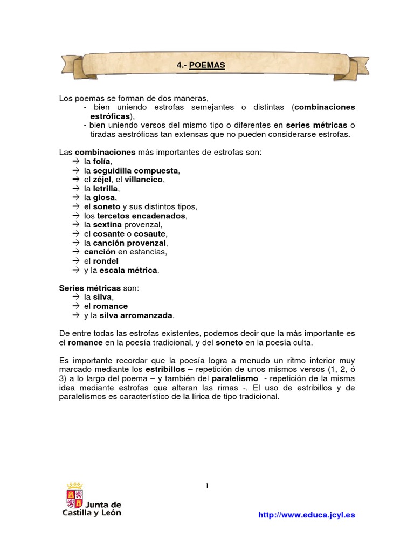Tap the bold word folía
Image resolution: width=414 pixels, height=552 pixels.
pyautogui.click(x=102, y=161)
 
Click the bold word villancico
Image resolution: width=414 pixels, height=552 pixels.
pyautogui.click(x=143, y=180)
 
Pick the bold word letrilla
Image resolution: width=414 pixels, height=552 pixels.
pyautogui.click(x=106, y=189)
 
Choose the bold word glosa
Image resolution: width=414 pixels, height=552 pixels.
pyautogui.click(x=104, y=198)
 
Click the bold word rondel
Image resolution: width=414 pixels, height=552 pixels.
pyautogui.click(x=106, y=261)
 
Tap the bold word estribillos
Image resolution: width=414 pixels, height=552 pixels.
pyautogui.click(x=165, y=370)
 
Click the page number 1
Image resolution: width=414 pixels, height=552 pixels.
pyautogui.click(x=207, y=486)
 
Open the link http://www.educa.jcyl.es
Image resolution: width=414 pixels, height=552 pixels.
pyautogui.click(x=306, y=515)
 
